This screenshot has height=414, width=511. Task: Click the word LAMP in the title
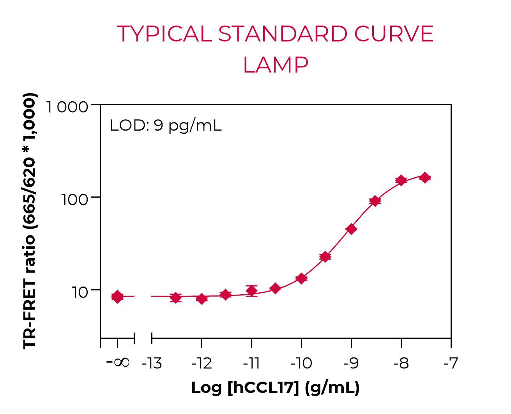[276, 65]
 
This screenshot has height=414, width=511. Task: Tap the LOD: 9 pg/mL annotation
[166, 126]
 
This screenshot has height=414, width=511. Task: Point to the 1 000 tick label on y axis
[68, 107]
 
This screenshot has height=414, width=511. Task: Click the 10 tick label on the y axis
[80, 292]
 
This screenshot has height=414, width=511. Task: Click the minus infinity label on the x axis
[118, 363]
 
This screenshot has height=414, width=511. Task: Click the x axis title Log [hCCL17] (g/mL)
[275, 388]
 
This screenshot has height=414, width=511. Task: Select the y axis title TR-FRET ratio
[30, 221]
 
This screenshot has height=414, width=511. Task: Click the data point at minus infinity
[117, 297]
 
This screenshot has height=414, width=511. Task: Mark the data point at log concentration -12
[202, 299]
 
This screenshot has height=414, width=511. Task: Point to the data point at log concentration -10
[301, 278]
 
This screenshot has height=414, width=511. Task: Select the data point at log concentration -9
[351, 229]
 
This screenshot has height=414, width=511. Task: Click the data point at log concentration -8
[401, 180]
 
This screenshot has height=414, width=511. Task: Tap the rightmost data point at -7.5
[425, 178]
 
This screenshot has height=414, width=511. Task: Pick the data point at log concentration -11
[252, 291]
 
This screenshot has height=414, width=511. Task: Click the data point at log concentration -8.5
[375, 201]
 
